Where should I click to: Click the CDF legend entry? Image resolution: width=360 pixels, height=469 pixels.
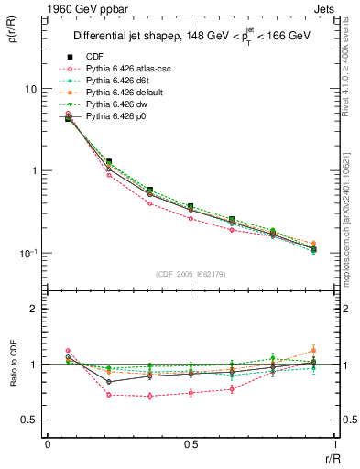pos(95,56)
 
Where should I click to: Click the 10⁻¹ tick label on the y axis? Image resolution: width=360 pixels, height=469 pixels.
pos(28,254)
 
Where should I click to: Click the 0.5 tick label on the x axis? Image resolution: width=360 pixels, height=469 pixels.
pos(191,443)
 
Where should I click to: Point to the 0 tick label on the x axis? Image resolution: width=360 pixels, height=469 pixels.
pos(48,443)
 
